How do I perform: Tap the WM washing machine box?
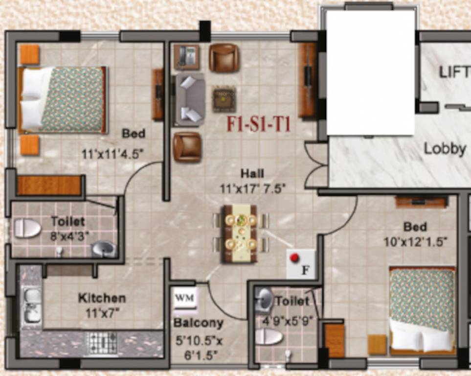[185, 298]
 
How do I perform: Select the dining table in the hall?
[240, 234]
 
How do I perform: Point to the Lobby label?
[444, 148]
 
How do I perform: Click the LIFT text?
[454, 72]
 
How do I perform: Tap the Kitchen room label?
[102, 298]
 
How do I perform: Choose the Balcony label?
[199, 323]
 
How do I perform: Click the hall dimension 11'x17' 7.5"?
[252, 187]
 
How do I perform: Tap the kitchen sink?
[32, 305]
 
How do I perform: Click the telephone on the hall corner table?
[186, 56]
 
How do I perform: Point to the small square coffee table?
[224, 98]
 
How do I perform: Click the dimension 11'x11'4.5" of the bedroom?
[112, 154]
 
